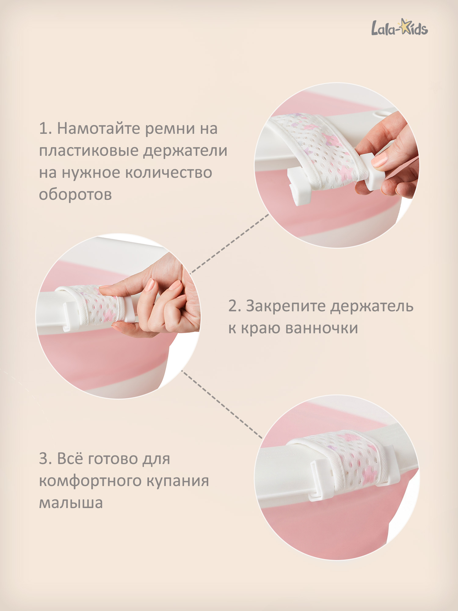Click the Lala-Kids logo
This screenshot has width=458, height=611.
coord(400,27)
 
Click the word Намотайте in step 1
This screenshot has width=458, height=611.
coord(99,128)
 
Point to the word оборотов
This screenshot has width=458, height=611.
coord(75,195)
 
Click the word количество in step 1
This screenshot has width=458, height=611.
coord(169,173)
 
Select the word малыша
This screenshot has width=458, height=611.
coord(71,503)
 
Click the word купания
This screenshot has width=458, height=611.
coord(178,481)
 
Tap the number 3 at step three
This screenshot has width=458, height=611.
coord(44,459)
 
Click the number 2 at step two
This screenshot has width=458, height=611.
coord(234,306)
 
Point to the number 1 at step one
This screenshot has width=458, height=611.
coord(43,128)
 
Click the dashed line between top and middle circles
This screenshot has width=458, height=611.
coord(230,243)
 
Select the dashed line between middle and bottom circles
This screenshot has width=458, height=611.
coord(222,404)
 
